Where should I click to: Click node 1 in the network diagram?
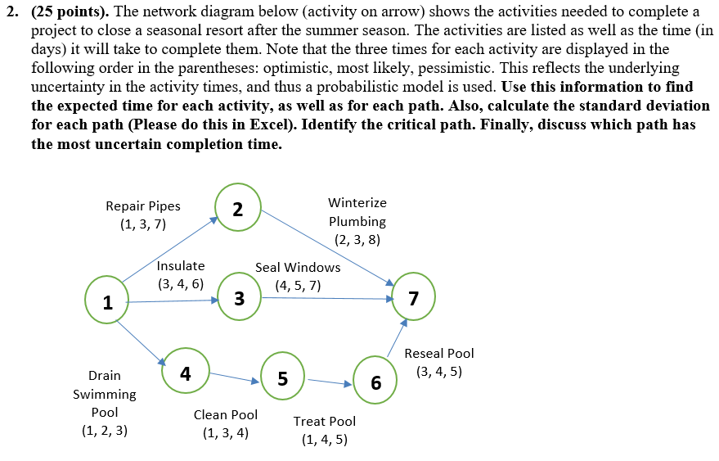(x=107, y=302)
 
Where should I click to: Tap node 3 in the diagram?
(x=239, y=299)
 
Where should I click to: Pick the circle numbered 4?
(x=186, y=373)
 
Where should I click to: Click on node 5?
(x=282, y=378)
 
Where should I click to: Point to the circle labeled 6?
(x=375, y=382)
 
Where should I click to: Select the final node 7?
(x=414, y=298)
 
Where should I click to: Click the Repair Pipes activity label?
(x=143, y=206)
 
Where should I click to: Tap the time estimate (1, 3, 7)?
(x=143, y=225)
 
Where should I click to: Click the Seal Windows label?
(x=298, y=267)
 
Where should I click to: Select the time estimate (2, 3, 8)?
(x=357, y=240)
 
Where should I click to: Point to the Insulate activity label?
(x=181, y=266)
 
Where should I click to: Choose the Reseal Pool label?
(x=439, y=353)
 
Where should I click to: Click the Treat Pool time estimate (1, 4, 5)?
(x=325, y=440)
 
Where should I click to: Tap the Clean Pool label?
(x=226, y=414)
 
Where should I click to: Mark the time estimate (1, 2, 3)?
(x=105, y=431)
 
